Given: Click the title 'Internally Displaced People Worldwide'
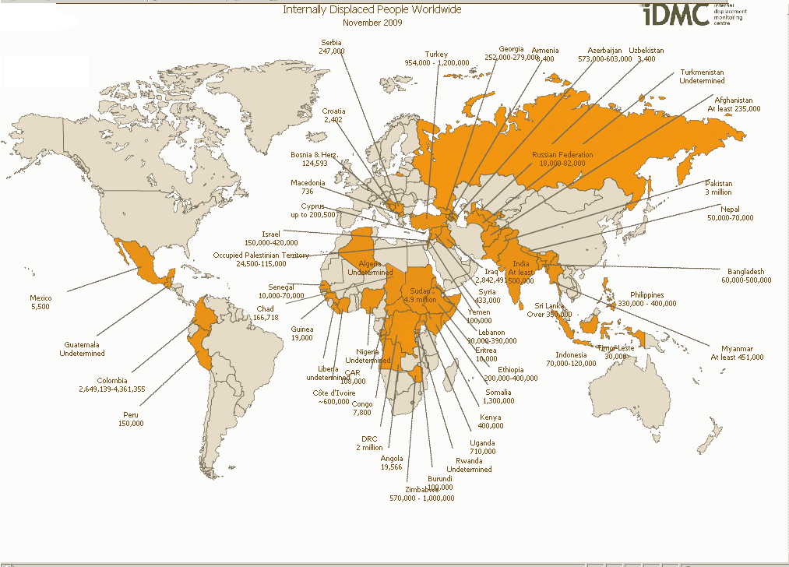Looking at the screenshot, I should (372, 9).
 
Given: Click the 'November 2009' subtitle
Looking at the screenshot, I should (372, 23).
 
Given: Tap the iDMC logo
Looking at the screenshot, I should (676, 13).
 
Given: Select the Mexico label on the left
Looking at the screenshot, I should (40, 302).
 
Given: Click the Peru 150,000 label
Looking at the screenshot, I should (131, 418).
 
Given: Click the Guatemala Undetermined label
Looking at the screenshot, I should (82, 348).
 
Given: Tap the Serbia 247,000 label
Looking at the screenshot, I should (331, 46).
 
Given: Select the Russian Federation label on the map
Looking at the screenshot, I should (562, 159).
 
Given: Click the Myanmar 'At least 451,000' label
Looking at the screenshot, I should (737, 352).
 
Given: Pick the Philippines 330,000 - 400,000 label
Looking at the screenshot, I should (647, 299).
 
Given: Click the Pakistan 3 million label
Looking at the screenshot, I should (718, 187).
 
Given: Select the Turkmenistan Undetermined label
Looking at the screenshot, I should (702, 76).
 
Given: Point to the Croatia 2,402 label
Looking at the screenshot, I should (333, 115).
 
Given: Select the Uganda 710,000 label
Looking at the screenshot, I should (482, 447).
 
